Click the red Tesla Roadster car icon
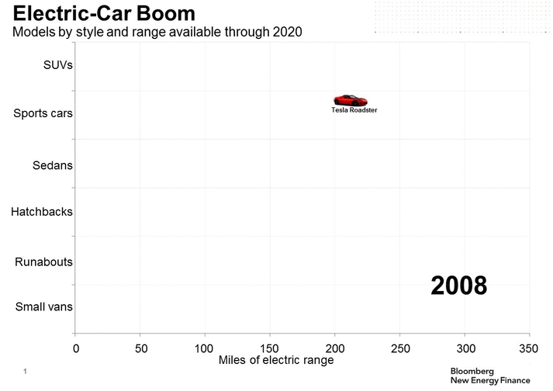coord(350,100)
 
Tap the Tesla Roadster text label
coord(354,111)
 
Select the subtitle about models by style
coord(156,32)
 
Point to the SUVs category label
coord(58,65)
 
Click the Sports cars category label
coord(43,113)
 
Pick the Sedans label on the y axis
coord(53,165)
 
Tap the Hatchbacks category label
coord(42,211)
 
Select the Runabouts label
coord(43,262)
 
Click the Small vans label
coord(44,306)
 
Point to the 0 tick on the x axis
coord(75,348)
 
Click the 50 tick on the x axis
coord(140,348)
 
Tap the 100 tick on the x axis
coord(205,348)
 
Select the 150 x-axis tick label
coord(270,348)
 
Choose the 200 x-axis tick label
coord(335,348)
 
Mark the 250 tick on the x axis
coord(399,348)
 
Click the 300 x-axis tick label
coord(465,348)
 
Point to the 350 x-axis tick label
coord(529,348)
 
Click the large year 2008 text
coord(459,285)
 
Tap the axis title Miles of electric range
coord(276,361)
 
